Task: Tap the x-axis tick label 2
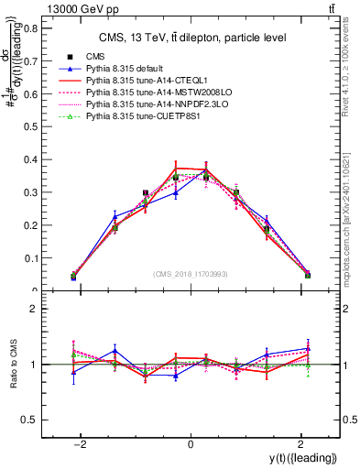coord(301,444)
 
